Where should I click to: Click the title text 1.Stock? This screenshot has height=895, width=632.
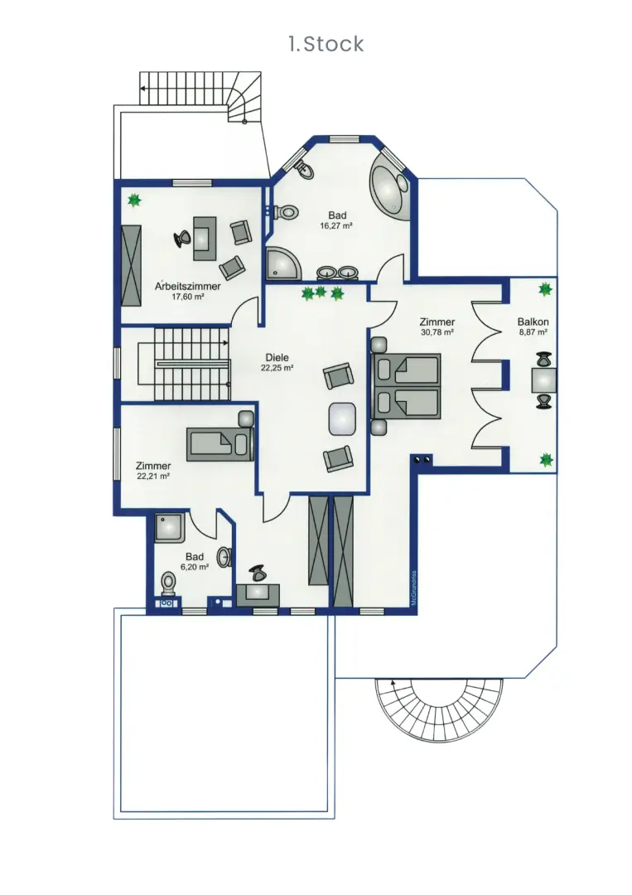tap(326, 44)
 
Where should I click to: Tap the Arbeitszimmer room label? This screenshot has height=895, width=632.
tap(188, 286)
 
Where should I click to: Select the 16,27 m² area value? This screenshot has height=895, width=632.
tap(337, 225)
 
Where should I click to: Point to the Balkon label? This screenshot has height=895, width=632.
tap(533, 322)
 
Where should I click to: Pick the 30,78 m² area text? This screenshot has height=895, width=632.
tap(437, 332)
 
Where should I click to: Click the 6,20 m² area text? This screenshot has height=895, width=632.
tap(195, 567)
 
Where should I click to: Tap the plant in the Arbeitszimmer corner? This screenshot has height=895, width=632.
tap(133, 200)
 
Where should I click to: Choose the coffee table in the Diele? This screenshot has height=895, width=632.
tap(343, 418)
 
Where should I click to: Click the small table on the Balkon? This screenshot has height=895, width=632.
tap(543, 380)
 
